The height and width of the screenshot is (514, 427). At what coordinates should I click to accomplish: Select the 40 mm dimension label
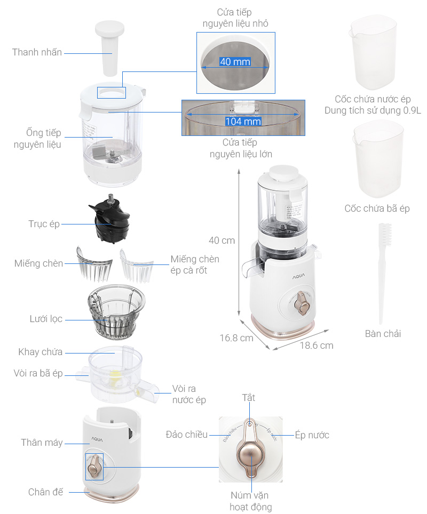pyautogui.click(x=235, y=62)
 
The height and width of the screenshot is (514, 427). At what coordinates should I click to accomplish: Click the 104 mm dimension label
pyautogui.click(x=243, y=121)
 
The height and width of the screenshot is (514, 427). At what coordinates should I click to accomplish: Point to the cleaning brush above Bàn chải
pyautogui.click(x=382, y=272)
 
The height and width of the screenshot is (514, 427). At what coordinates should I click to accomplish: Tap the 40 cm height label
pyautogui.click(x=222, y=240)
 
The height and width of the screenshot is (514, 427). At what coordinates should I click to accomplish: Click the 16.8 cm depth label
pyautogui.click(x=236, y=338)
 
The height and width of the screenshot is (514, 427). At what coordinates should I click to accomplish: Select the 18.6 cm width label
pyautogui.click(x=316, y=345)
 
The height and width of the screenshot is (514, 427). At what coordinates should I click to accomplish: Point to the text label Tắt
pyautogui.click(x=249, y=398)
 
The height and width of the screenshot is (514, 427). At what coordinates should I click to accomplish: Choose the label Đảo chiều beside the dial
pyautogui.click(x=186, y=435)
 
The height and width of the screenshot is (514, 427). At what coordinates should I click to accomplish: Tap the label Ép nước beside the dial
pyautogui.click(x=312, y=435)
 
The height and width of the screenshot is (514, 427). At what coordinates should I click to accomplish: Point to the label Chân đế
pyautogui.click(x=45, y=492)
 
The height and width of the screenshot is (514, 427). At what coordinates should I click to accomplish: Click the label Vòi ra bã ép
pyautogui.click(x=38, y=373)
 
